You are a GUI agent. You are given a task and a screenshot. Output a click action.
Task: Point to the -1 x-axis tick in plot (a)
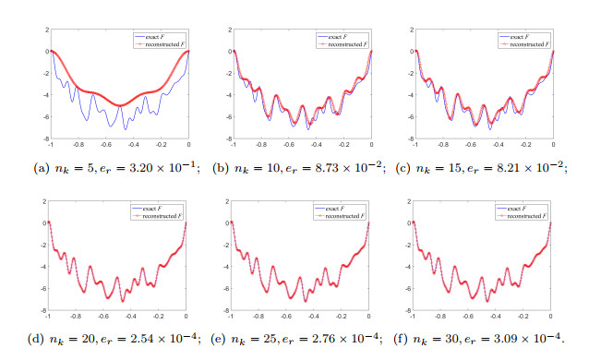[x=50, y=146]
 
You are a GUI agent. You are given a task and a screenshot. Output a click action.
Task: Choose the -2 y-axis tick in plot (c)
[x=409, y=74]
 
